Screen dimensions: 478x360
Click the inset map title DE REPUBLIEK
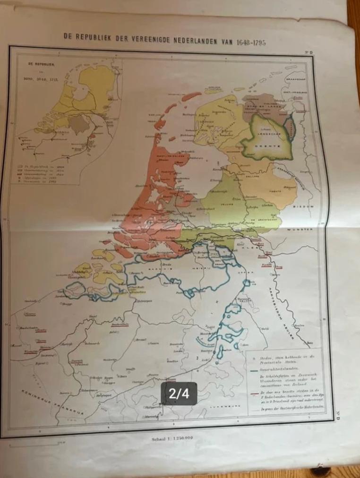39,63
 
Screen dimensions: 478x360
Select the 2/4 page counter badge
180,393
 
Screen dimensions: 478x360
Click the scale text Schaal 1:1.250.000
172,438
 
